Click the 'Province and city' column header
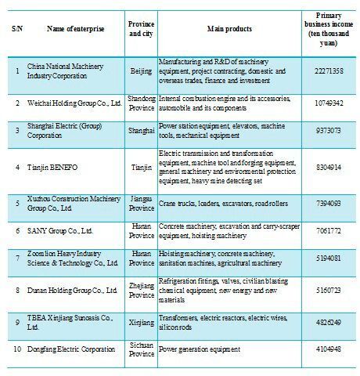(x=140, y=29)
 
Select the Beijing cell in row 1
(x=141, y=70)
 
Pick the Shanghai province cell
(x=141, y=132)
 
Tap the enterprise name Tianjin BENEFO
(x=53, y=167)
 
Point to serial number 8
(x=17, y=289)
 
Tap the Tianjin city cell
(x=141, y=167)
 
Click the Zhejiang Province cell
(x=141, y=289)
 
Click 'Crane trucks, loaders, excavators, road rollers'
(x=222, y=203)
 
